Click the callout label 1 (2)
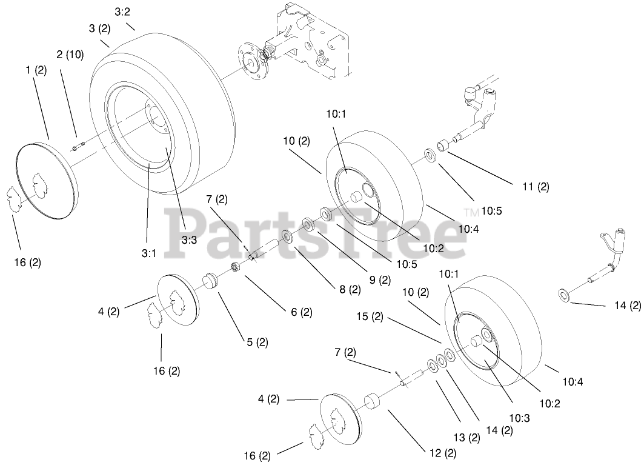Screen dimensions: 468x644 36,70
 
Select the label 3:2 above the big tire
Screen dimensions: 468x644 122,11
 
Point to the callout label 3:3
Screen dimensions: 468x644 188,239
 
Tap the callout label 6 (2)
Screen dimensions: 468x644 300,312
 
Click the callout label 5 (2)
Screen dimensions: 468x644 256,342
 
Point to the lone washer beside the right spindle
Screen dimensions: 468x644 564,295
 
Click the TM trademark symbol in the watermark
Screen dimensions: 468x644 471,212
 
